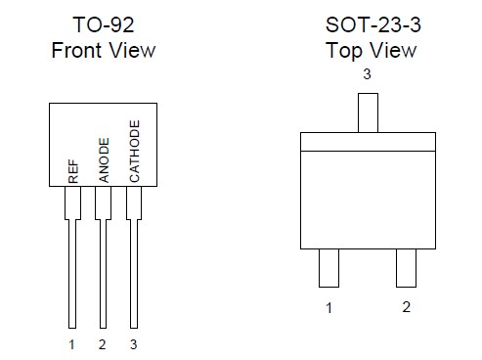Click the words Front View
tap(104, 49)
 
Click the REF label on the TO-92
tap(73, 173)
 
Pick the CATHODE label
tap(135, 152)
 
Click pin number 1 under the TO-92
tap(71, 343)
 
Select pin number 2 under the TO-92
tap(102, 343)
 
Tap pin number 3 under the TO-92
tap(133, 343)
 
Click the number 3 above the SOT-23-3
tap(368, 74)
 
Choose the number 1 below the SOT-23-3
tap(329, 308)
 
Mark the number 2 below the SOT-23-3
tap(407, 308)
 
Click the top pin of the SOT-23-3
tap(368, 112)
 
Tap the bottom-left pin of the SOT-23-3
tap(329, 268)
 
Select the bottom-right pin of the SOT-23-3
tap(407, 268)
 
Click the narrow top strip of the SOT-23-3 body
tap(368, 142)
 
